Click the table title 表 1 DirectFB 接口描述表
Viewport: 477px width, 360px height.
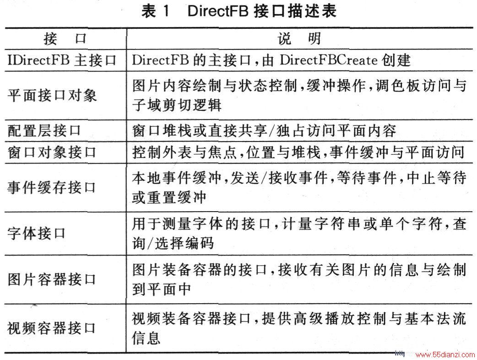[x=239, y=11]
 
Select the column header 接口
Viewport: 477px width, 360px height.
[x=65, y=39]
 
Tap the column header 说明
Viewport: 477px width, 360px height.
[x=299, y=39]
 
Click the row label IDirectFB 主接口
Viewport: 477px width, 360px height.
[x=62, y=60]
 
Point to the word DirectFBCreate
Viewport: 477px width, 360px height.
[x=328, y=60]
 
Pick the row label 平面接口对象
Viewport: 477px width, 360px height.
[x=52, y=95]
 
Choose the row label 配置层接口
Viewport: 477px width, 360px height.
[x=44, y=131]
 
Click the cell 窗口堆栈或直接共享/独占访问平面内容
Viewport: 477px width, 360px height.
[x=264, y=131]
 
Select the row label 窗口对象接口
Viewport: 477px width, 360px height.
[x=52, y=152]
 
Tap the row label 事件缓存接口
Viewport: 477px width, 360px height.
[x=52, y=187]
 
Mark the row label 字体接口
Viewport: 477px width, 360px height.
[x=37, y=234]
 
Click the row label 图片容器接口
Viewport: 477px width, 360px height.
[x=52, y=279]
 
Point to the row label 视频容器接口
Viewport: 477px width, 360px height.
[x=52, y=328]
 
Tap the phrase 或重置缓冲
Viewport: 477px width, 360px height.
[x=169, y=197]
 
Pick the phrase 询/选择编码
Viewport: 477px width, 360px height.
[x=173, y=243]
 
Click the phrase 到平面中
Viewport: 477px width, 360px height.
[x=162, y=289]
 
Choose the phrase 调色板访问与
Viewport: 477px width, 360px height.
[x=421, y=86]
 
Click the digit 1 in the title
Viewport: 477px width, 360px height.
[x=165, y=11]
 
